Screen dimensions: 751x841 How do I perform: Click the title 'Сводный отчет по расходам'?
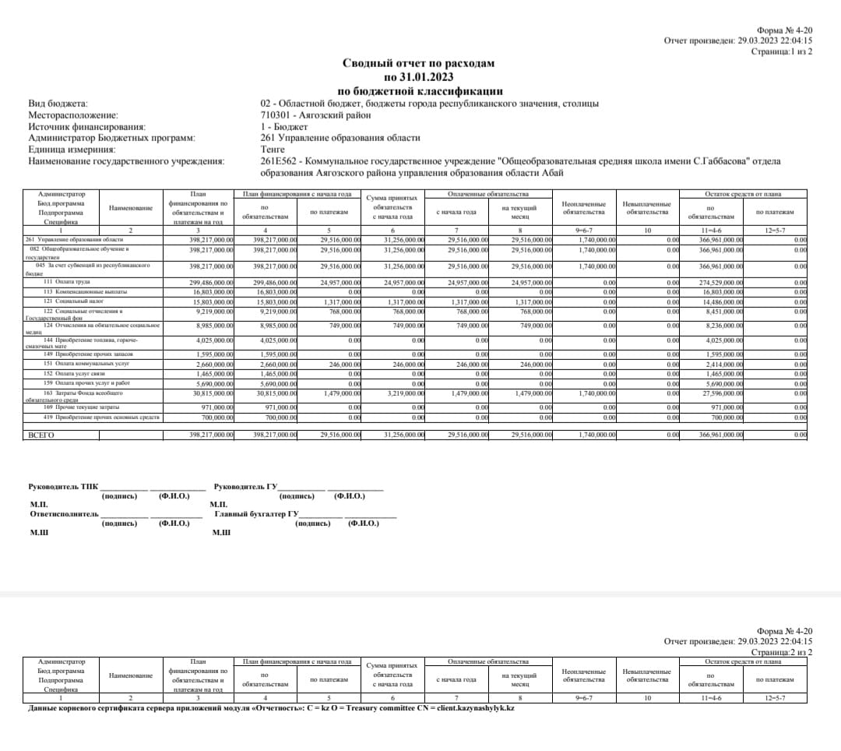pyautogui.click(x=418, y=63)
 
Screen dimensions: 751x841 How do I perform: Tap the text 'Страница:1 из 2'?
pyautogui.click(x=781, y=51)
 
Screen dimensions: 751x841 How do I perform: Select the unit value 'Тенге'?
pyautogui.click(x=273, y=149)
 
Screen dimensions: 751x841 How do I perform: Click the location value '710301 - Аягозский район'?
pyautogui.click(x=315, y=115)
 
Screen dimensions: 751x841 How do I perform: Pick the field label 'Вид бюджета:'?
pyautogui.click(x=58, y=104)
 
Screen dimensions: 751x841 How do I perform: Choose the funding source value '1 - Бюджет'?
pyautogui.click(x=284, y=126)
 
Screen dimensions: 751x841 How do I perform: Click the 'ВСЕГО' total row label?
pyautogui.click(x=41, y=435)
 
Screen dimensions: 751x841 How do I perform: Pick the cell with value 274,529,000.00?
pyautogui.click(x=722, y=281)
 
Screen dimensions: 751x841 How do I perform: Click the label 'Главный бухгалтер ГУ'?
pyautogui.click(x=256, y=514)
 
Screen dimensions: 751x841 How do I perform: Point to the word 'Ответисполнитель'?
pyautogui.click(x=64, y=514)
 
